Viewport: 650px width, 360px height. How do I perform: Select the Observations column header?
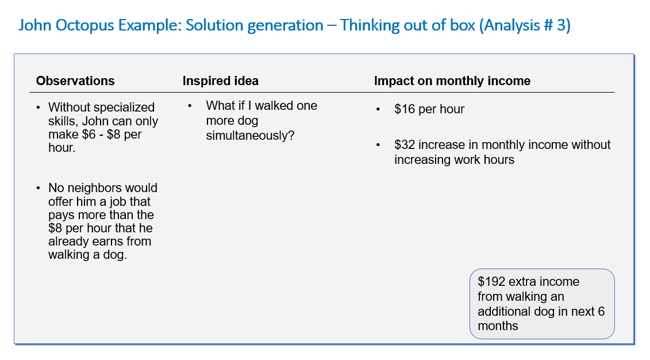coord(75,81)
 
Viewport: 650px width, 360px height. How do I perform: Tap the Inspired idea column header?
coord(221,81)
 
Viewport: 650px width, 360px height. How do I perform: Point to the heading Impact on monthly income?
coord(452,81)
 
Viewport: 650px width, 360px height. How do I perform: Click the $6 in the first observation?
coord(89,135)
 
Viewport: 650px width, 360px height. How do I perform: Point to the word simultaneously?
coord(250,136)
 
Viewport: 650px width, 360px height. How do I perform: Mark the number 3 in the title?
coord(561,26)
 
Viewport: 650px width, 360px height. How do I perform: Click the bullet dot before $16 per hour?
coord(378,109)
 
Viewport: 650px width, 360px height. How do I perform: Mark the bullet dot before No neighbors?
coord(39,188)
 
